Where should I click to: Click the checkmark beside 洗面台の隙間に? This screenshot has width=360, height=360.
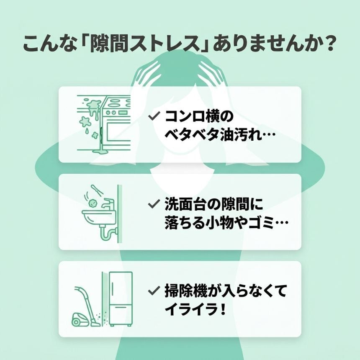point(153,204)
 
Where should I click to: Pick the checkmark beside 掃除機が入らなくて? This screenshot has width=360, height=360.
point(154,290)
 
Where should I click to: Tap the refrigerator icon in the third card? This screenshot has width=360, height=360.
point(121,298)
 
